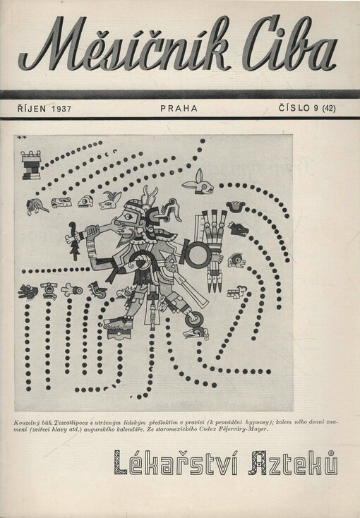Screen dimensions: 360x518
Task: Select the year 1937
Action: tap(61, 109)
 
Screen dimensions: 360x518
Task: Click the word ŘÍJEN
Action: tap(32, 108)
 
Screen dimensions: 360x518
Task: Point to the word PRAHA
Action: tap(179, 109)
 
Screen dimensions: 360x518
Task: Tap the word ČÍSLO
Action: tap(294, 107)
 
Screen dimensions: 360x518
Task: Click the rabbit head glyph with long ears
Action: tap(198, 183)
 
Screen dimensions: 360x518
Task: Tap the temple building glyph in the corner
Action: tap(31, 165)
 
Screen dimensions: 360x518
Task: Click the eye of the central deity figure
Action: tap(129, 217)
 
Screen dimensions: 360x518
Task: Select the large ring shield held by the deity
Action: tap(198, 254)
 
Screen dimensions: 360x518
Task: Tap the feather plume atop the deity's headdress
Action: tap(149, 196)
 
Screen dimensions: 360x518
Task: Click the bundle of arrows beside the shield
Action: tap(213, 250)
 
